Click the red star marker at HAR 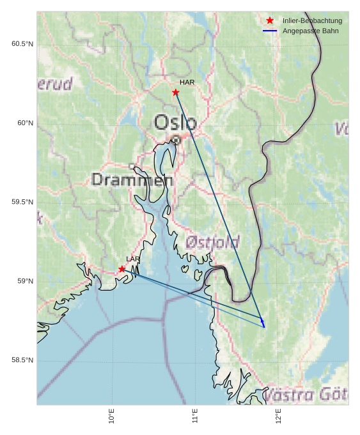point(176,93)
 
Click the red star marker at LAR point(122,269)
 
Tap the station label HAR point(187,82)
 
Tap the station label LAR point(133,259)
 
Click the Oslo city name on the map point(175,123)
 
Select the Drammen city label point(132,179)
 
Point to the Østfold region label point(212,242)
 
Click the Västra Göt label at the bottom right point(306,394)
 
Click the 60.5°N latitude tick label point(22,43)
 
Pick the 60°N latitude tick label point(25,123)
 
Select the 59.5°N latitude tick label point(22,202)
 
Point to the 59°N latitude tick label point(25,281)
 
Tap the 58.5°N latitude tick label point(22,360)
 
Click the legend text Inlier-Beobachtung point(312,21)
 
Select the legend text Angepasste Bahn point(311,31)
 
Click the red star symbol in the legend point(270,21)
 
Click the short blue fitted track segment point(263,323)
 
